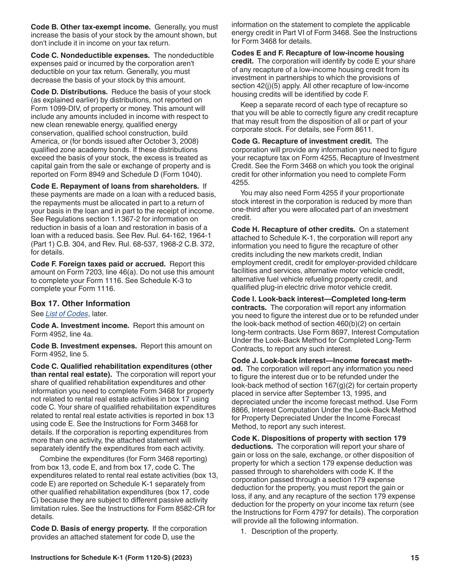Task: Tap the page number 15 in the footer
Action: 414,558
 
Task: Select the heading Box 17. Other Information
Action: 80,303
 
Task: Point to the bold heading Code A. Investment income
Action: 80,326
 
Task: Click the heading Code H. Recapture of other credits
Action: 293,230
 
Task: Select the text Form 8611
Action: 356,129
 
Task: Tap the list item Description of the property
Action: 294,531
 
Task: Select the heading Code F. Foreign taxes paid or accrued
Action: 98,264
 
